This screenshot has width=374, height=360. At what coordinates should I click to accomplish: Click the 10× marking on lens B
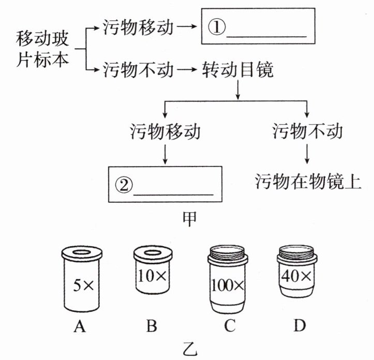pos(152,276)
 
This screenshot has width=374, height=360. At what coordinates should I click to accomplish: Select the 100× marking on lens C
pos(230,285)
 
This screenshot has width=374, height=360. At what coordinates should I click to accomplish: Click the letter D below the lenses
pos(296,326)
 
